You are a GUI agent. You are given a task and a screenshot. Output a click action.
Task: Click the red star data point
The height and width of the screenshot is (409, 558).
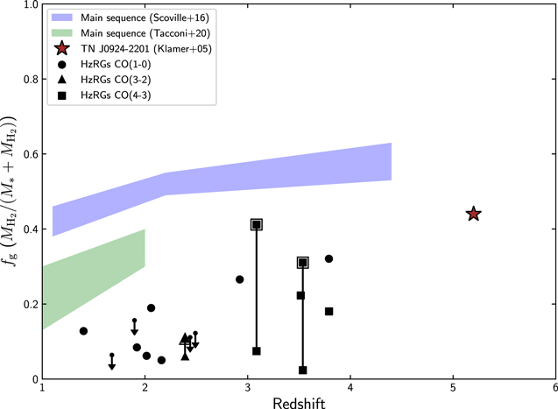(473, 214)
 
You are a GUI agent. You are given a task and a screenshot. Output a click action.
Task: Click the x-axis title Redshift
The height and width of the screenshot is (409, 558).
(299, 400)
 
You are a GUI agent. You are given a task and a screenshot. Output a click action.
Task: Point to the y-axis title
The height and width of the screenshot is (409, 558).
(11, 191)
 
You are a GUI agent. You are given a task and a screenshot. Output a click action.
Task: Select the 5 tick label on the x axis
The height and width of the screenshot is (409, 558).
(453, 388)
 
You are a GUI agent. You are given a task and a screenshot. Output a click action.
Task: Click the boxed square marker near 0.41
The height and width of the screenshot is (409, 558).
(257, 225)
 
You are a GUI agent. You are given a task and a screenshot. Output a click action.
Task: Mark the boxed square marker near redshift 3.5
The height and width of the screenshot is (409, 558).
(303, 263)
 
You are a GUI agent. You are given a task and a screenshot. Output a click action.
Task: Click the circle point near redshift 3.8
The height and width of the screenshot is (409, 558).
(329, 258)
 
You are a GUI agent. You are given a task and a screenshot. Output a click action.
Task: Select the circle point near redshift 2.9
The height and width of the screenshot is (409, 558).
(240, 279)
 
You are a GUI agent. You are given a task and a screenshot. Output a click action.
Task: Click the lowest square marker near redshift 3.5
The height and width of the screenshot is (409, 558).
(303, 370)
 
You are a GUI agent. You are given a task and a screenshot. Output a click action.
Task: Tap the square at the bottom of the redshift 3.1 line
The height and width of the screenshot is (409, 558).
(257, 351)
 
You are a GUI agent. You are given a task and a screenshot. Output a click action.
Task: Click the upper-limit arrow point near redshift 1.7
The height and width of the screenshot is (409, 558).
(112, 356)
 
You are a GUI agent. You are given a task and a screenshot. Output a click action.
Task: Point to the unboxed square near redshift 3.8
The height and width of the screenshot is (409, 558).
(329, 312)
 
